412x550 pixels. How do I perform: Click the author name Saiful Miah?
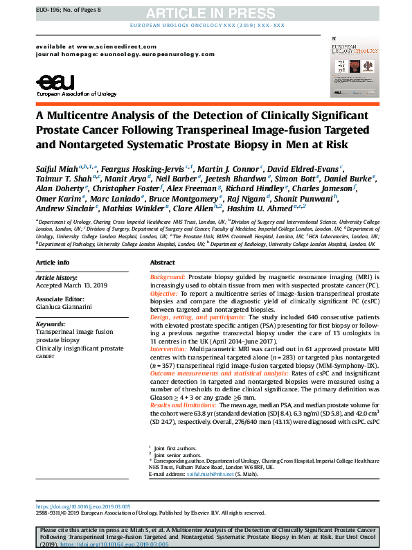click(x=57, y=168)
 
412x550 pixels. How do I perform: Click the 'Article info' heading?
click(x=53, y=263)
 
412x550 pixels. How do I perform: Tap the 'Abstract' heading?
click(x=162, y=263)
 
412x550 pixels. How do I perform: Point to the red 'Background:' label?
click(x=168, y=276)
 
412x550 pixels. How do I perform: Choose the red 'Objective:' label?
click(x=165, y=294)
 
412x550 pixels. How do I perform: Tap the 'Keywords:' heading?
click(x=50, y=323)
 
